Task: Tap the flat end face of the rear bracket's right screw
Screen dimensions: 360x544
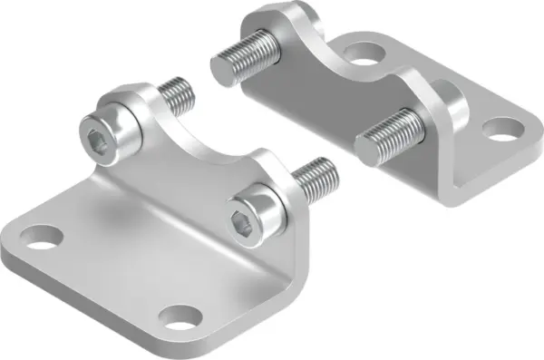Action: tap(366, 149)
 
